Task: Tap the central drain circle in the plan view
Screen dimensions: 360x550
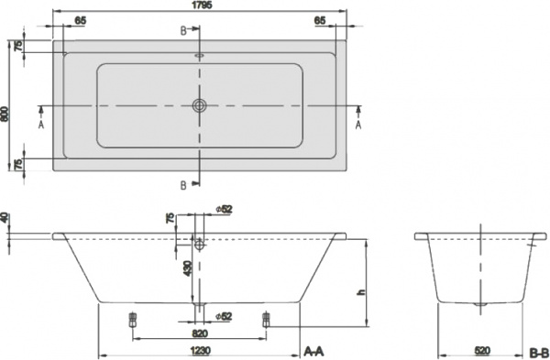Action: [x=199, y=105]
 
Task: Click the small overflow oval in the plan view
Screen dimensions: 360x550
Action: [x=199, y=54]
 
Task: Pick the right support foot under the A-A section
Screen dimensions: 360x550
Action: [x=266, y=320]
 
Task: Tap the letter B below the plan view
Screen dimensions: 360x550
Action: [x=183, y=186]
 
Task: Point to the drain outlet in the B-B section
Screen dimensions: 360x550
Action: [x=479, y=304]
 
